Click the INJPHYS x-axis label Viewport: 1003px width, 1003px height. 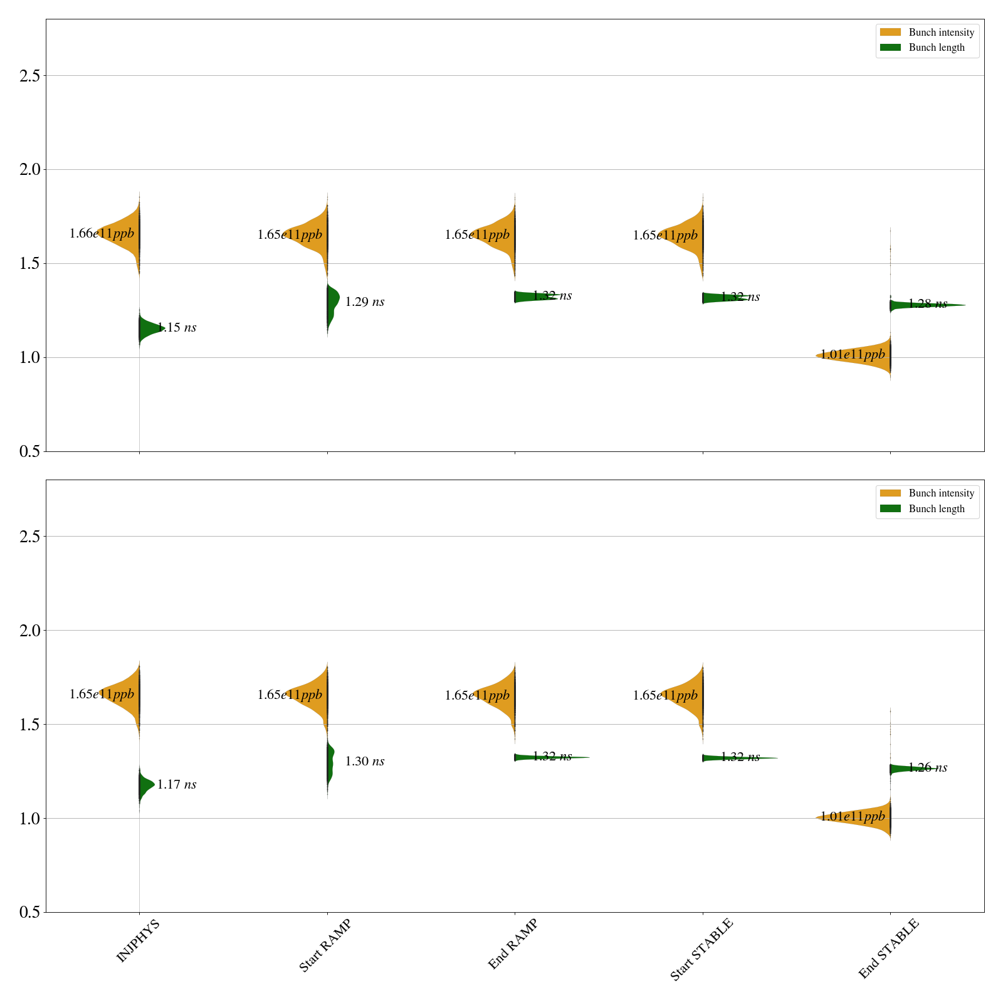(x=139, y=940)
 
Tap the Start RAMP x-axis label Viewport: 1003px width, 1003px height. (x=325, y=945)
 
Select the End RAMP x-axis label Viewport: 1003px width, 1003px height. (x=513, y=944)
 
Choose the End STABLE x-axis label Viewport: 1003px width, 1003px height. (x=888, y=948)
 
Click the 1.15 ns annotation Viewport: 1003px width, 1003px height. (x=177, y=327)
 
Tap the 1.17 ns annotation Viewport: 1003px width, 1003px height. (x=177, y=784)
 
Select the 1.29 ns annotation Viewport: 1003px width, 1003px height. (x=365, y=302)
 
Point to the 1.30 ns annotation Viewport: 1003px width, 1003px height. (x=365, y=761)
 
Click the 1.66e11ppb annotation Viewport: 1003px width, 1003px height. (x=102, y=234)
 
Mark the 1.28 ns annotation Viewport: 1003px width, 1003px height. (x=928, y=304)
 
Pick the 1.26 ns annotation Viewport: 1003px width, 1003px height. (x=928, y=767)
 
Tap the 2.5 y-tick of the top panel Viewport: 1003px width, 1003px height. (x=29, y=76)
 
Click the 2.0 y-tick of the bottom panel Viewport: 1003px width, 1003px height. (x=29, y=631)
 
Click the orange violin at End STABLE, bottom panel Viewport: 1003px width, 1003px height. (x=865, y=817)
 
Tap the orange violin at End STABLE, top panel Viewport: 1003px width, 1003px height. (x=865, y=356)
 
